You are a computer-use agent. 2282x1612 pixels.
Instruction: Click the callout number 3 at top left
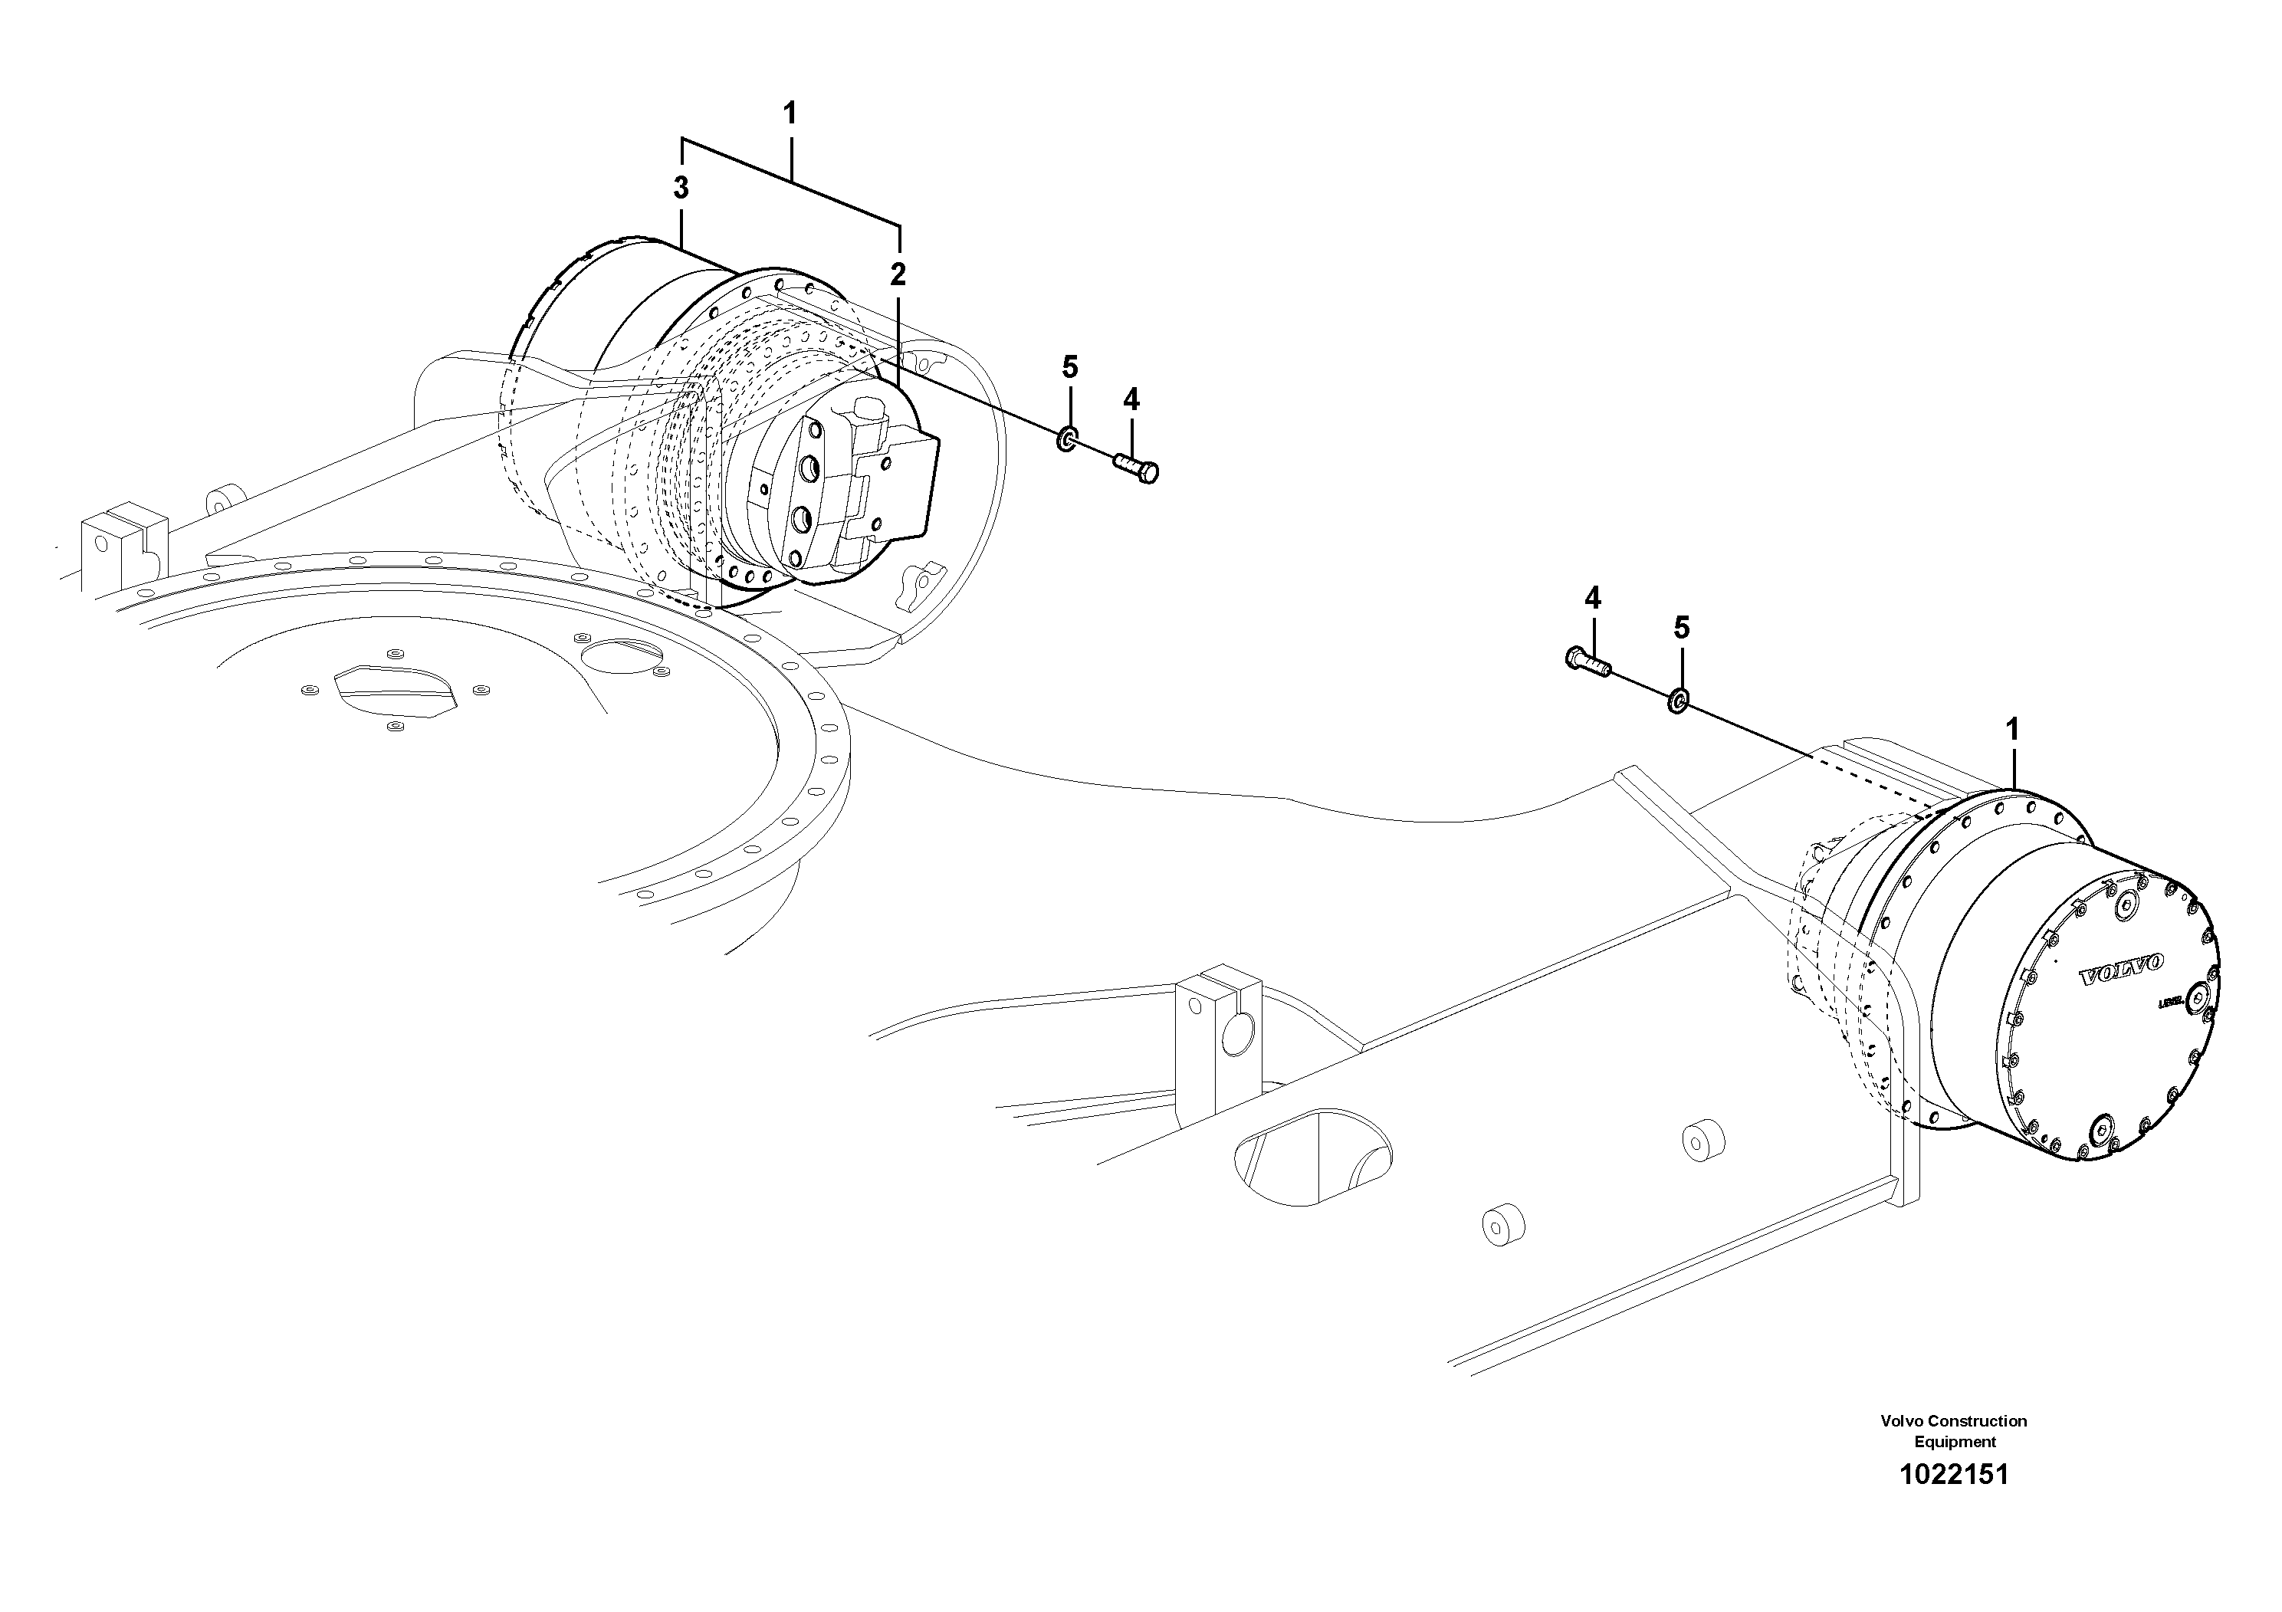coord(681,187)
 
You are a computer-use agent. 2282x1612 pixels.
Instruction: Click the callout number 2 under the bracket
coord(898,274)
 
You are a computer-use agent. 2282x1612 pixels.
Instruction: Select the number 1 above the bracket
coord(790,113)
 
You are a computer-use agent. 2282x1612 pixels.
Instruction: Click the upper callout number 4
coord(1131,399)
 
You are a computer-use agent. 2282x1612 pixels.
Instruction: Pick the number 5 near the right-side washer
coord(1682,627)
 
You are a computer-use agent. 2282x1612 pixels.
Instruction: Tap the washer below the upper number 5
coord(1066,438)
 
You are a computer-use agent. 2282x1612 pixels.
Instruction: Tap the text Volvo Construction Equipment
coord(1954,1431)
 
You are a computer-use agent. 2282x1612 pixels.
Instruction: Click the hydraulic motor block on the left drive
coord(845,487)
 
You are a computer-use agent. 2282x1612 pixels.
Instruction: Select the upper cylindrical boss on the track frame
coord(1702,1140)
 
